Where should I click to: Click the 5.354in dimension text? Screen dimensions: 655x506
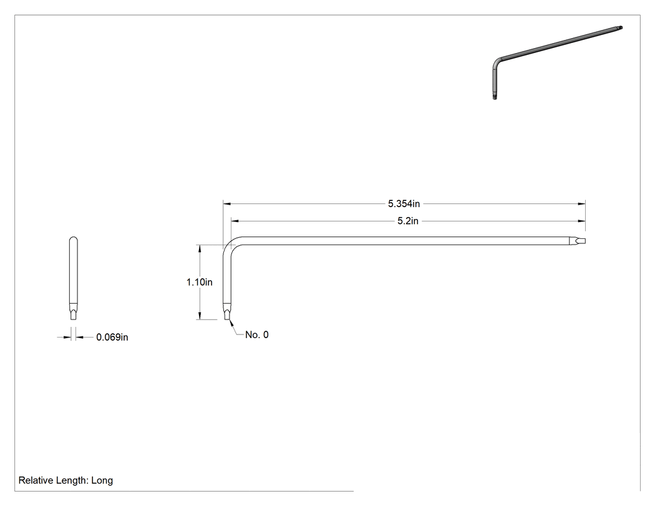coord(404,203)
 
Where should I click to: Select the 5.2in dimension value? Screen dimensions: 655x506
coord(408,221)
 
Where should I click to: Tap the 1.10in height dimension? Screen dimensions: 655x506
coord(199,282)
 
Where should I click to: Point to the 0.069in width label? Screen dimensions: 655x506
coord(112,337)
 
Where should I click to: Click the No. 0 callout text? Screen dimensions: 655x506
coord(257,334)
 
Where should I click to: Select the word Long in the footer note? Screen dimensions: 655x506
coord(102,480)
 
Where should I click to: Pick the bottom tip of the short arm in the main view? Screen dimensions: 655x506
coord(227,319)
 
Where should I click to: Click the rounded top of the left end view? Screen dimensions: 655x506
coord(73,238)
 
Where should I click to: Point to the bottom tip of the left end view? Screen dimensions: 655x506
coord(73,319)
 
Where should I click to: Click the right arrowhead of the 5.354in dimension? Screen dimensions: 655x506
coord(581,204)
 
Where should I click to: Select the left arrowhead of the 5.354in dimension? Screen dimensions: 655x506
coord(227,204)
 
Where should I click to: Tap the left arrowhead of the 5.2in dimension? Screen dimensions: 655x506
coord(235,221)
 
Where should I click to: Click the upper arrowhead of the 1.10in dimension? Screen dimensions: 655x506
coord(200,248)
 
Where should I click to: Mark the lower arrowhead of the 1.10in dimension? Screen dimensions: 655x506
coord(200,316)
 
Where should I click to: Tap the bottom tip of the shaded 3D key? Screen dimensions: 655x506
coord(495,98)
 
